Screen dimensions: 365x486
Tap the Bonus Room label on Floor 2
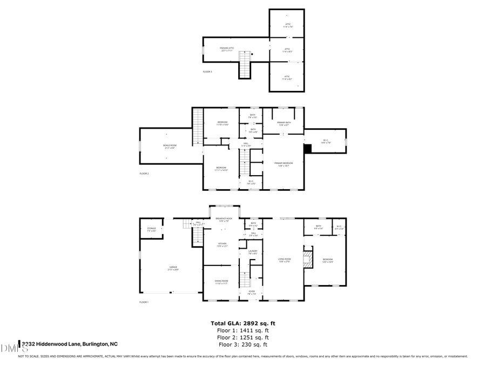pyautogui.click(x=170, y=146)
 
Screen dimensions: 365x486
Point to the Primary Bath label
pyautogui.click(x=284, y=124)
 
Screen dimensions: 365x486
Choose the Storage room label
pyautogui.click(x=151, y=229)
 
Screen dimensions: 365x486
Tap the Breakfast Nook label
pyautogui.click(x=223, y=220)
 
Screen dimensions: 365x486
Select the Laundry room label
pyautogui.click(x=252, y=252)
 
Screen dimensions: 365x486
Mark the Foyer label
pyautogui.click(x=252, y=293)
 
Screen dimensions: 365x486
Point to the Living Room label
pyautogui.click(x=285, y=261)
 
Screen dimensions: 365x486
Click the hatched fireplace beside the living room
pyautogui.click(x=308, y=258)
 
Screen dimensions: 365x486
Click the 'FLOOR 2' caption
pyautogui.click(x=144, y=174)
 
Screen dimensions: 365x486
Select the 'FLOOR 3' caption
pyautogui.click(x=207, y=71)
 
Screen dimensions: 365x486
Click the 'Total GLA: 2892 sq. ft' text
pyautogui.click(x=243, y=323)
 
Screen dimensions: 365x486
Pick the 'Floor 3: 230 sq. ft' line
pyautogui.click(x=243, y=344)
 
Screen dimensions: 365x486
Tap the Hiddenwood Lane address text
pyautogui.click(x=69, y=344)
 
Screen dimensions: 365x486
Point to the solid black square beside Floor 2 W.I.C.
pyautogui.click(x=308, y=148)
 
